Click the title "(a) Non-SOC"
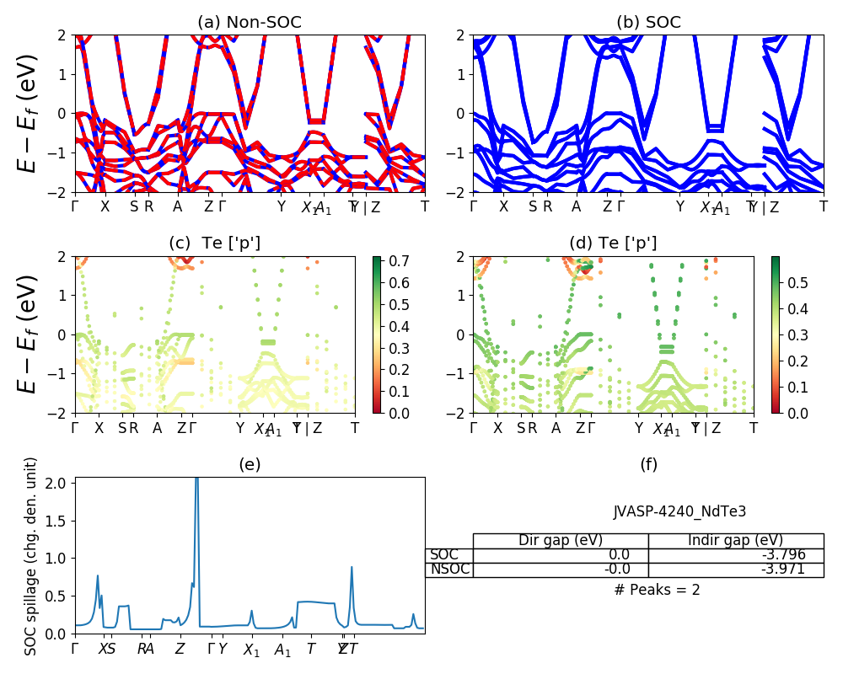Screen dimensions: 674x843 tap(250, 23)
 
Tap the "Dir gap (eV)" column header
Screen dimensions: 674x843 tap(561, 540)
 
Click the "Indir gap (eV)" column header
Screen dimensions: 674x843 tap(736, 540)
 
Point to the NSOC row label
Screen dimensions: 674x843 tap(448, 569)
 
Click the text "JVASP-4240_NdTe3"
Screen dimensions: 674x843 tap(679, 511)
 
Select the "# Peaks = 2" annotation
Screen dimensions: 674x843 tap(657, 590)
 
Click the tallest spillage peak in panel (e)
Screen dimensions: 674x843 tap(196, 480)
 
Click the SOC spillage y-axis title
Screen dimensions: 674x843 tap(31, 556)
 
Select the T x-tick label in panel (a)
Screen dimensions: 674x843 tap(425, 206)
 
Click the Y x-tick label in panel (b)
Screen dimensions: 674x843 tap(679, 206)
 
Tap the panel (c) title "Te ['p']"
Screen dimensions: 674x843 tap(215, 243)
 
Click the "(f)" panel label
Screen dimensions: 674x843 tap(649, 464)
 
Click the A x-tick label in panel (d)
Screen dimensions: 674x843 tap(556, 427)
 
